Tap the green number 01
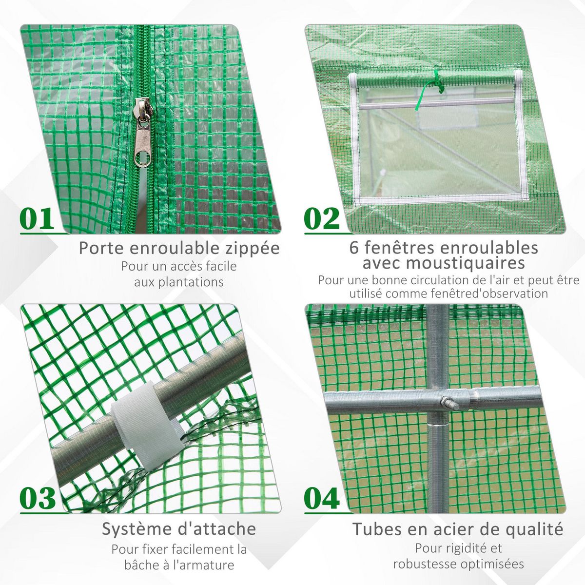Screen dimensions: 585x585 (x=38, y=219)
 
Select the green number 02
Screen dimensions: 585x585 (x=322, y=219)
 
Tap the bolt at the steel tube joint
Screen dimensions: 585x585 (x=448, y=403)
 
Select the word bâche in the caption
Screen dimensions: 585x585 (x=141, y=565)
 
